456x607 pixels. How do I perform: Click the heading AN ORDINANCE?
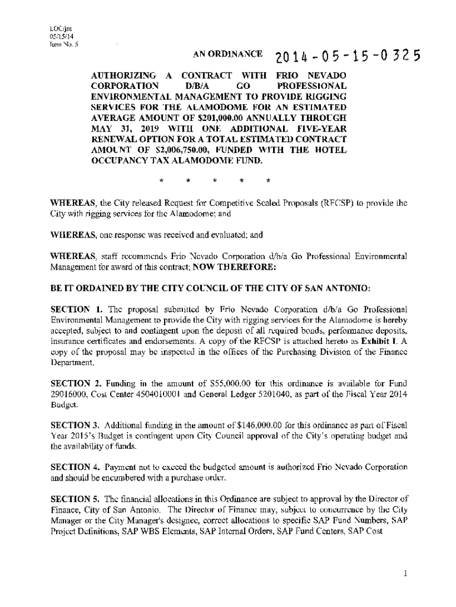(227, 55)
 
